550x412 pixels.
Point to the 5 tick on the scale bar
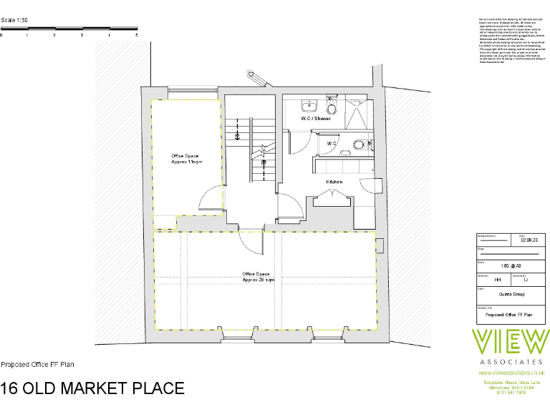(136, 34)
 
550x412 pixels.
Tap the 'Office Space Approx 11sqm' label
(185, 159)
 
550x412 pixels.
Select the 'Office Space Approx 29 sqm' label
(258, 277)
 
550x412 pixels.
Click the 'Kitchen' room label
(334, 182)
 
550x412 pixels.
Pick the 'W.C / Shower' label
(316, 119)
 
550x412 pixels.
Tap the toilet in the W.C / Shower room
(330, 107)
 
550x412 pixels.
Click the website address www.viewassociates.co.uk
(511, 373)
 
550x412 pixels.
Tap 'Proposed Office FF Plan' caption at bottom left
(37, 365)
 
